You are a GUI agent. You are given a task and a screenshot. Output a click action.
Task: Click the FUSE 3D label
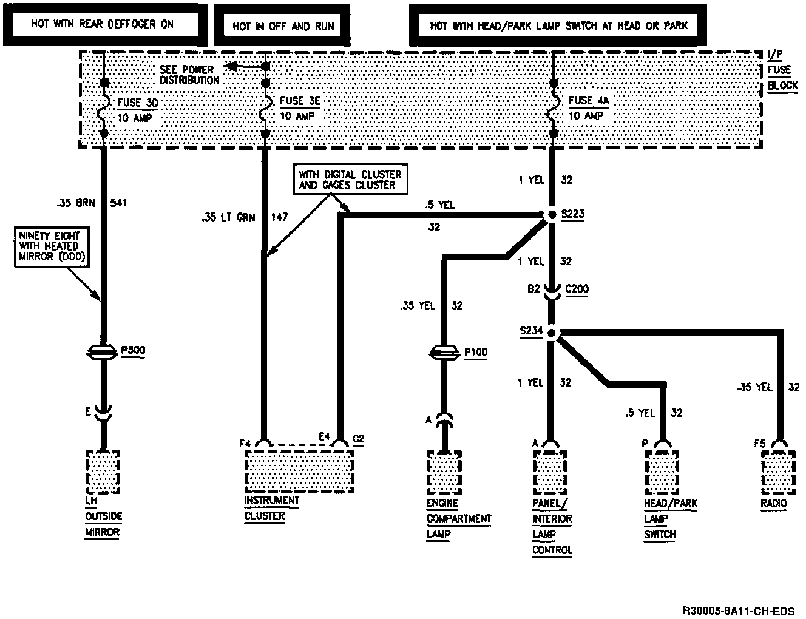137,103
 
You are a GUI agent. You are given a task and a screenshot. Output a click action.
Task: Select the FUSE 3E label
299,101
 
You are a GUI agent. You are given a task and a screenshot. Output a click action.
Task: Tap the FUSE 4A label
589,100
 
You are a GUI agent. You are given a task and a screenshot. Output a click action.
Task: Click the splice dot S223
552,214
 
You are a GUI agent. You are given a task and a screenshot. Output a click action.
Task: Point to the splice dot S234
552,332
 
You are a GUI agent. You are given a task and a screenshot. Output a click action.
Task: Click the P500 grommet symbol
103,351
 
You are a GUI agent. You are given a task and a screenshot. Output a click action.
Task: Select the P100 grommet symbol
445,352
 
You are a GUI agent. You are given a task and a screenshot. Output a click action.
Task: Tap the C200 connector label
576,289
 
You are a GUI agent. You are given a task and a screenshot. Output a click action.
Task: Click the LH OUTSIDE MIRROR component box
103,472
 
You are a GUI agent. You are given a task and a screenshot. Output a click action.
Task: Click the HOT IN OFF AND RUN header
283,26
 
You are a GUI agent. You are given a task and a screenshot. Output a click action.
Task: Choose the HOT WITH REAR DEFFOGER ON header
103,24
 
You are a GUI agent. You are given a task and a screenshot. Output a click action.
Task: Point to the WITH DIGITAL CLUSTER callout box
350,179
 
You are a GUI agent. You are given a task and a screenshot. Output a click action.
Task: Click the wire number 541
118,202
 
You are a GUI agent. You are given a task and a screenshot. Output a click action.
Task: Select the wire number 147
279,217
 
